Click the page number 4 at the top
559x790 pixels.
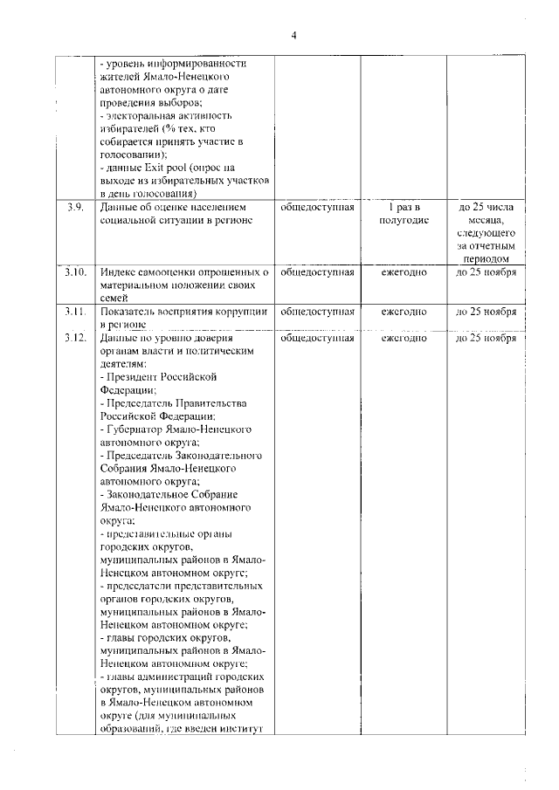(294, 35)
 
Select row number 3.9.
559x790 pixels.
(74, 208)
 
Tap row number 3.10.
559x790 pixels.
(75, 271)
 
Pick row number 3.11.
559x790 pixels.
(75, 311)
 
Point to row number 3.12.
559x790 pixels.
(75, 337)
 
